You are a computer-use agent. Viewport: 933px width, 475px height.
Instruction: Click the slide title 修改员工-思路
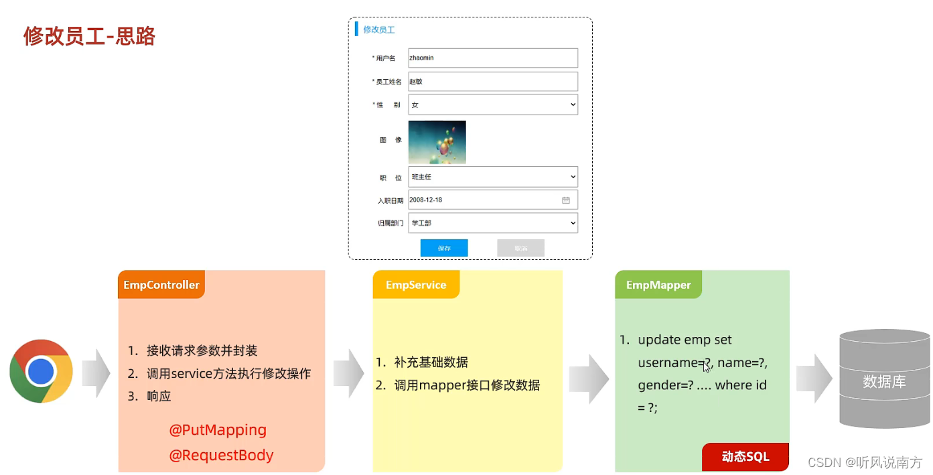pyautogui.click(x=89, y=36)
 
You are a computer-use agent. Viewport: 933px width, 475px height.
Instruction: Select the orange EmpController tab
pyautogui.click(x=161, y=285)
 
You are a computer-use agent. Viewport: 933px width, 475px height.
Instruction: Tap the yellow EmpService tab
pyautogui.click(x=416, y=285)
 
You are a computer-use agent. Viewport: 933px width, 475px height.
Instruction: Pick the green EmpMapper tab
pyautogui.click(x=658, y=285)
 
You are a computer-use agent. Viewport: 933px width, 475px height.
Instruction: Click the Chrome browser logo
pyautogui.click(x=41, y=371)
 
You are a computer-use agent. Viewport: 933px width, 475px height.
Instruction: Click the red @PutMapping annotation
pyautogui.click(x=218, y=429)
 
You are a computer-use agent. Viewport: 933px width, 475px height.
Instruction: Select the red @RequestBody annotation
pyautogui.click(x=221, y=455)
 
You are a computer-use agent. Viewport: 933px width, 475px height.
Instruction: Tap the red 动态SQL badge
pyautogui.click(x=745, y=457)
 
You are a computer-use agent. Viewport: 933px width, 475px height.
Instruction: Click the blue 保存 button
pyautogui.click(x=444, y=248)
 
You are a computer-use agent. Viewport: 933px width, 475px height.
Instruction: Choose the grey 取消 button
pyautogui.click(x=520, y=248)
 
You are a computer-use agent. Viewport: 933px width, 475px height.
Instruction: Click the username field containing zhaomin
pyautogui.click(x=492, y=58)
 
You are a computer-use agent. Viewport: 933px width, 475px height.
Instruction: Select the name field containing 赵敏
pyautogui.click(x=492, y=82)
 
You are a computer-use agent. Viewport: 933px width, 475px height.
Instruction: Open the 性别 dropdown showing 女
pyautogui.click(x=492, y=105)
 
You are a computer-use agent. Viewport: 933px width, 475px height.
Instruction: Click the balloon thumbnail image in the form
pyautogui.click(x=437, y=142)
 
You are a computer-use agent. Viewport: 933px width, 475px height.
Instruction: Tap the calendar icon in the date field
pyautogui.click(x=565, y=200)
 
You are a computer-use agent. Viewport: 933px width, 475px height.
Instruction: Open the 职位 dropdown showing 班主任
pyautogui.click(x=492, y=177)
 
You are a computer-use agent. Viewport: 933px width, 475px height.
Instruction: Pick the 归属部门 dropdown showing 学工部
pyautogui.click(x=492, y=223)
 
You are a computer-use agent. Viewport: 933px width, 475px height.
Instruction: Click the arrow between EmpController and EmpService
pyautogui.click(x=348, y=373)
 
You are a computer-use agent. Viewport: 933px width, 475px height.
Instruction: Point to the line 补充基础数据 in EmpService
pyautogui.click(x=431, y=362)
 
